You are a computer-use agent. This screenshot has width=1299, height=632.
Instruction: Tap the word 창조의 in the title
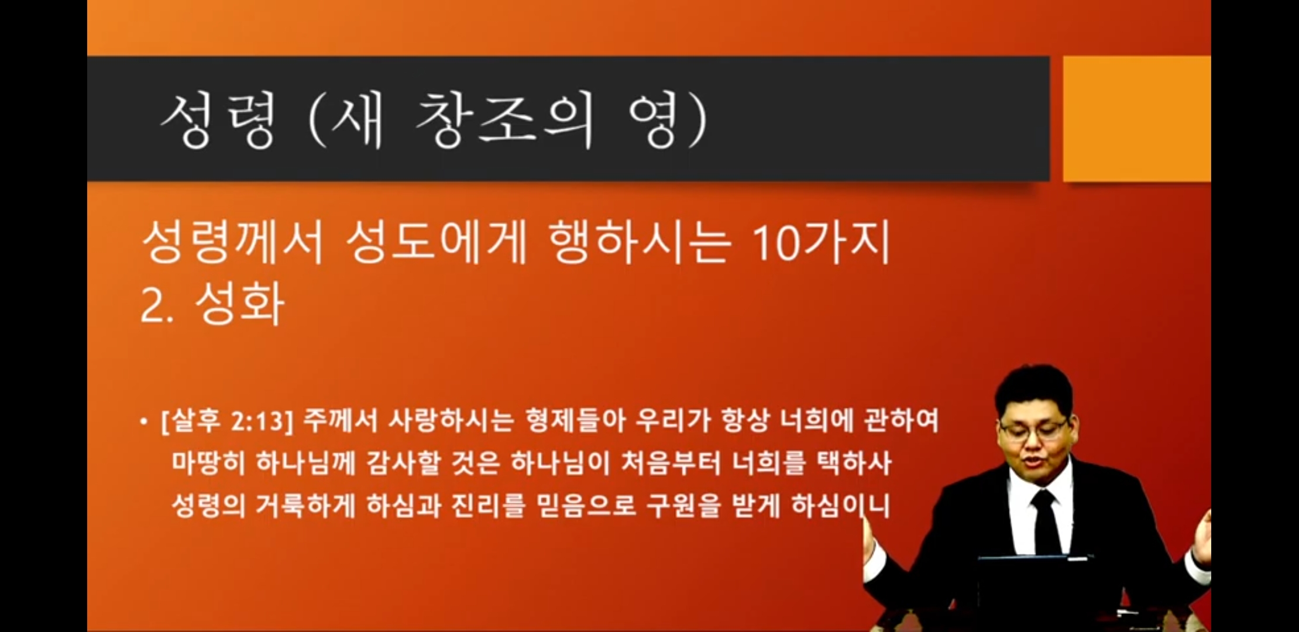point(504,120)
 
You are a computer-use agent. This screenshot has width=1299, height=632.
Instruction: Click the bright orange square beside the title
point(1136,119)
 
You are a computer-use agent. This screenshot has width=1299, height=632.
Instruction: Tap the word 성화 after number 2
point(240,304)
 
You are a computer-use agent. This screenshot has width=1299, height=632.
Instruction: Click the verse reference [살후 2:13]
point(226,421)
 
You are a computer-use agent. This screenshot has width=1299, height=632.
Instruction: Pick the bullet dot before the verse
point(144,421)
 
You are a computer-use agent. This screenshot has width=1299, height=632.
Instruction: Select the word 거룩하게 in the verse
point(305,506)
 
